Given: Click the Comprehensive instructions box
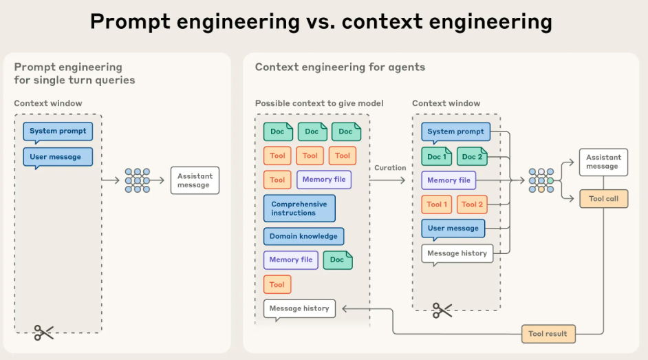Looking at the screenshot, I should (299, 209).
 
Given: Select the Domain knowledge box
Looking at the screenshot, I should (303, 236).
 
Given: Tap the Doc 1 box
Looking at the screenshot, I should (436, 157).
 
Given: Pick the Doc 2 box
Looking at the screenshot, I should (472, 157).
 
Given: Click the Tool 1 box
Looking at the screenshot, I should (437, 204).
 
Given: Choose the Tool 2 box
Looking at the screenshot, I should (472, 204).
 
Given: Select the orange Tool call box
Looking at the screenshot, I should (603, 199).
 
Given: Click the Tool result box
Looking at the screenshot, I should (548, 334).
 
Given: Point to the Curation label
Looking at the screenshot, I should (390, 168).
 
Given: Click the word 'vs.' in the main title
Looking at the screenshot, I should (323, 22).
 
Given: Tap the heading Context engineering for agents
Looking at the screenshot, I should (340, 67).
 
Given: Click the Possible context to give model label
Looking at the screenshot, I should (319, 103).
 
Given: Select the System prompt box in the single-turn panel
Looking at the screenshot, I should (58, 131).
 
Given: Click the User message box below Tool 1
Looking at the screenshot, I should (453, 228).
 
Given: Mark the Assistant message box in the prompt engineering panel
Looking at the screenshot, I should (195, 180).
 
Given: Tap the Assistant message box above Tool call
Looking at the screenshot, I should (603, 162).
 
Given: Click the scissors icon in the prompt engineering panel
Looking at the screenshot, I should (43, 333).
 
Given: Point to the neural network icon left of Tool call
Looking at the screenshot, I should (541, 180).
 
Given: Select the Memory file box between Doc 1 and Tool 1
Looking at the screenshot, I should (449, 180).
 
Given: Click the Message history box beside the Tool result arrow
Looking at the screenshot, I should (299, 308).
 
